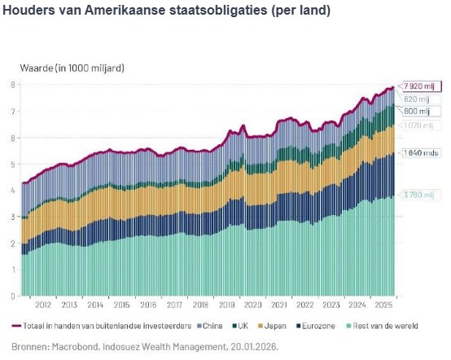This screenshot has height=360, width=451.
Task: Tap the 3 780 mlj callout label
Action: tap(422, 195)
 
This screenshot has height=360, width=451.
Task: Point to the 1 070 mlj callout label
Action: tap(422, 125)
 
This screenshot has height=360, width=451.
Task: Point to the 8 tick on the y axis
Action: tap(12, 85)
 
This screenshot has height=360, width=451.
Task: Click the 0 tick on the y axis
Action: tap(12, 296)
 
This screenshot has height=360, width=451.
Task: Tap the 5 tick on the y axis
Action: tap(12, 164)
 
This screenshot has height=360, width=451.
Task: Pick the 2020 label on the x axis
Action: tap(252, 305)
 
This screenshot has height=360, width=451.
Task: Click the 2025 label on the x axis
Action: tap(383, 305)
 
